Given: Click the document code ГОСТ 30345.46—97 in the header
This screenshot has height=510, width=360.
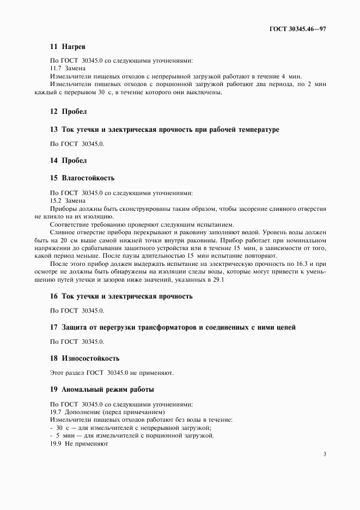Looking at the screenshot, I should pyautogui.click(x=298, y=27).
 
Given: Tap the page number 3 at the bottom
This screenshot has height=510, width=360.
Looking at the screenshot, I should pyautogui.click(x=324, y=454).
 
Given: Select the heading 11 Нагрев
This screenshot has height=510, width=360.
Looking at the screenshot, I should pyautogui.click(x=68, y=48).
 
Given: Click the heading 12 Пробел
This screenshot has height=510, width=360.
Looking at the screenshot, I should pyautogui.click(x=68, y=111).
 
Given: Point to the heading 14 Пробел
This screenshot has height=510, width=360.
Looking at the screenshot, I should pyautogui.click(x=68, y=161).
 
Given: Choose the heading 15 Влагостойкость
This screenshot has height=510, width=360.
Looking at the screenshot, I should pyautogui.click(x=82, y=178).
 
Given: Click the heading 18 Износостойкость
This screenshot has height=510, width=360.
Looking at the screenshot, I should pyautogui.click(x=84, y=359).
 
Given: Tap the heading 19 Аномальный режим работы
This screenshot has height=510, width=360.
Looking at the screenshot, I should pyautogui.click(x=102, y=390).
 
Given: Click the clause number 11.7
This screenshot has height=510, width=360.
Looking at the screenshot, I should pyautogui.click(x=56, y=69).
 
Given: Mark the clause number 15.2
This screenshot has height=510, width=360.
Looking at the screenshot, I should pyautogui.click(x=56, y=201).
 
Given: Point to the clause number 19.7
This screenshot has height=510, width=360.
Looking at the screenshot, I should pyautogui.click(x=56, y=412).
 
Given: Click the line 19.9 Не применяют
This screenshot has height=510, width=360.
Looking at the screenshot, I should pyautogui.click(x=79, y=444).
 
